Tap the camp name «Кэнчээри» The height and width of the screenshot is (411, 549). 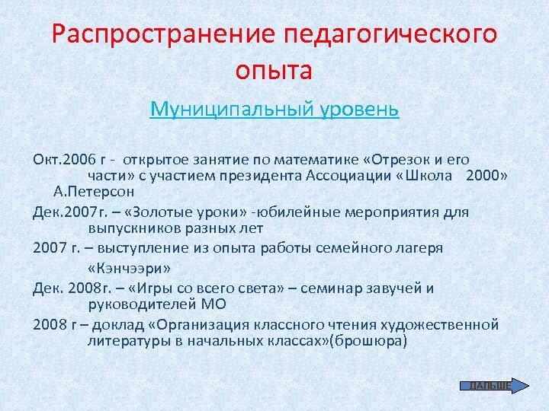[130, 268]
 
